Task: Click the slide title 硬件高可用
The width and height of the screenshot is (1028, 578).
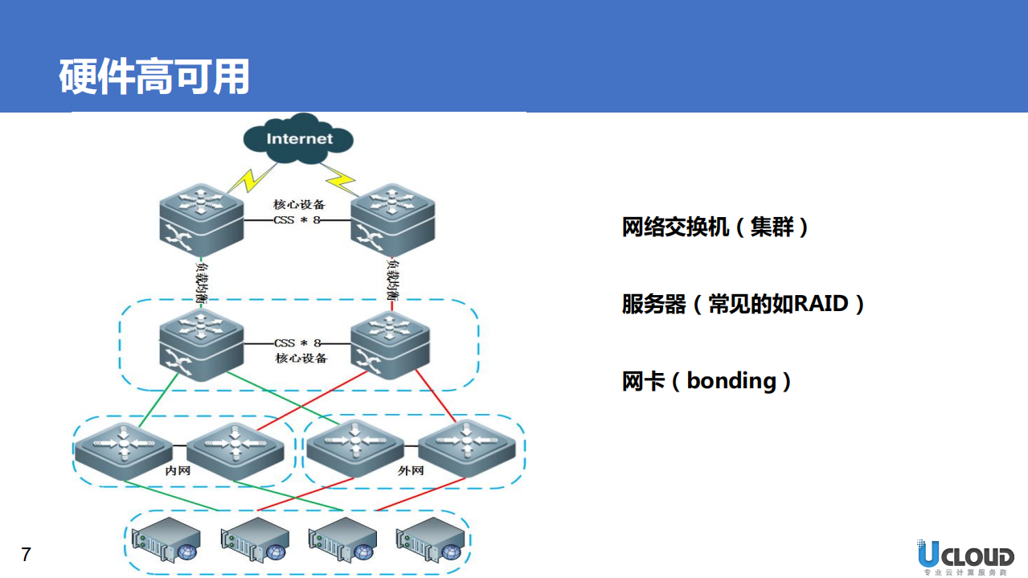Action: [x=154, y=77]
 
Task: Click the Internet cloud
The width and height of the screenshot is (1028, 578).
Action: [x=299, y=139]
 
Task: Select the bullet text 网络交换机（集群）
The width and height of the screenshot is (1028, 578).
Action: [x=715, y=228]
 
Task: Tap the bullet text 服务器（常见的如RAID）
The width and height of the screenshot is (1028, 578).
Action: [x=743, y=304]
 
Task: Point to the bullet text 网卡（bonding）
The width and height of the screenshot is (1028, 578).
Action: [x=706, y=380]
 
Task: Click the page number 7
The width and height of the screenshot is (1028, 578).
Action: [x=26, y=555]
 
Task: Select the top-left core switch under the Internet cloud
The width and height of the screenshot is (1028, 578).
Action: [x=201, y=216]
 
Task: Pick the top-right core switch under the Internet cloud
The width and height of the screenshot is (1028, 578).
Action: [x=393, y=216]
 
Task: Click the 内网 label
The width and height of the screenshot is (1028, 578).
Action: [x=178, y=470]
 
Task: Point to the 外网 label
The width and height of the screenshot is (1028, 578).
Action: [x=410, y=470]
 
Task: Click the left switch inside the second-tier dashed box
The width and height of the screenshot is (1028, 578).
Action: [x=201, y=344]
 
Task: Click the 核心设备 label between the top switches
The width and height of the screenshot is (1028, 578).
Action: [x=299, y=204]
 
